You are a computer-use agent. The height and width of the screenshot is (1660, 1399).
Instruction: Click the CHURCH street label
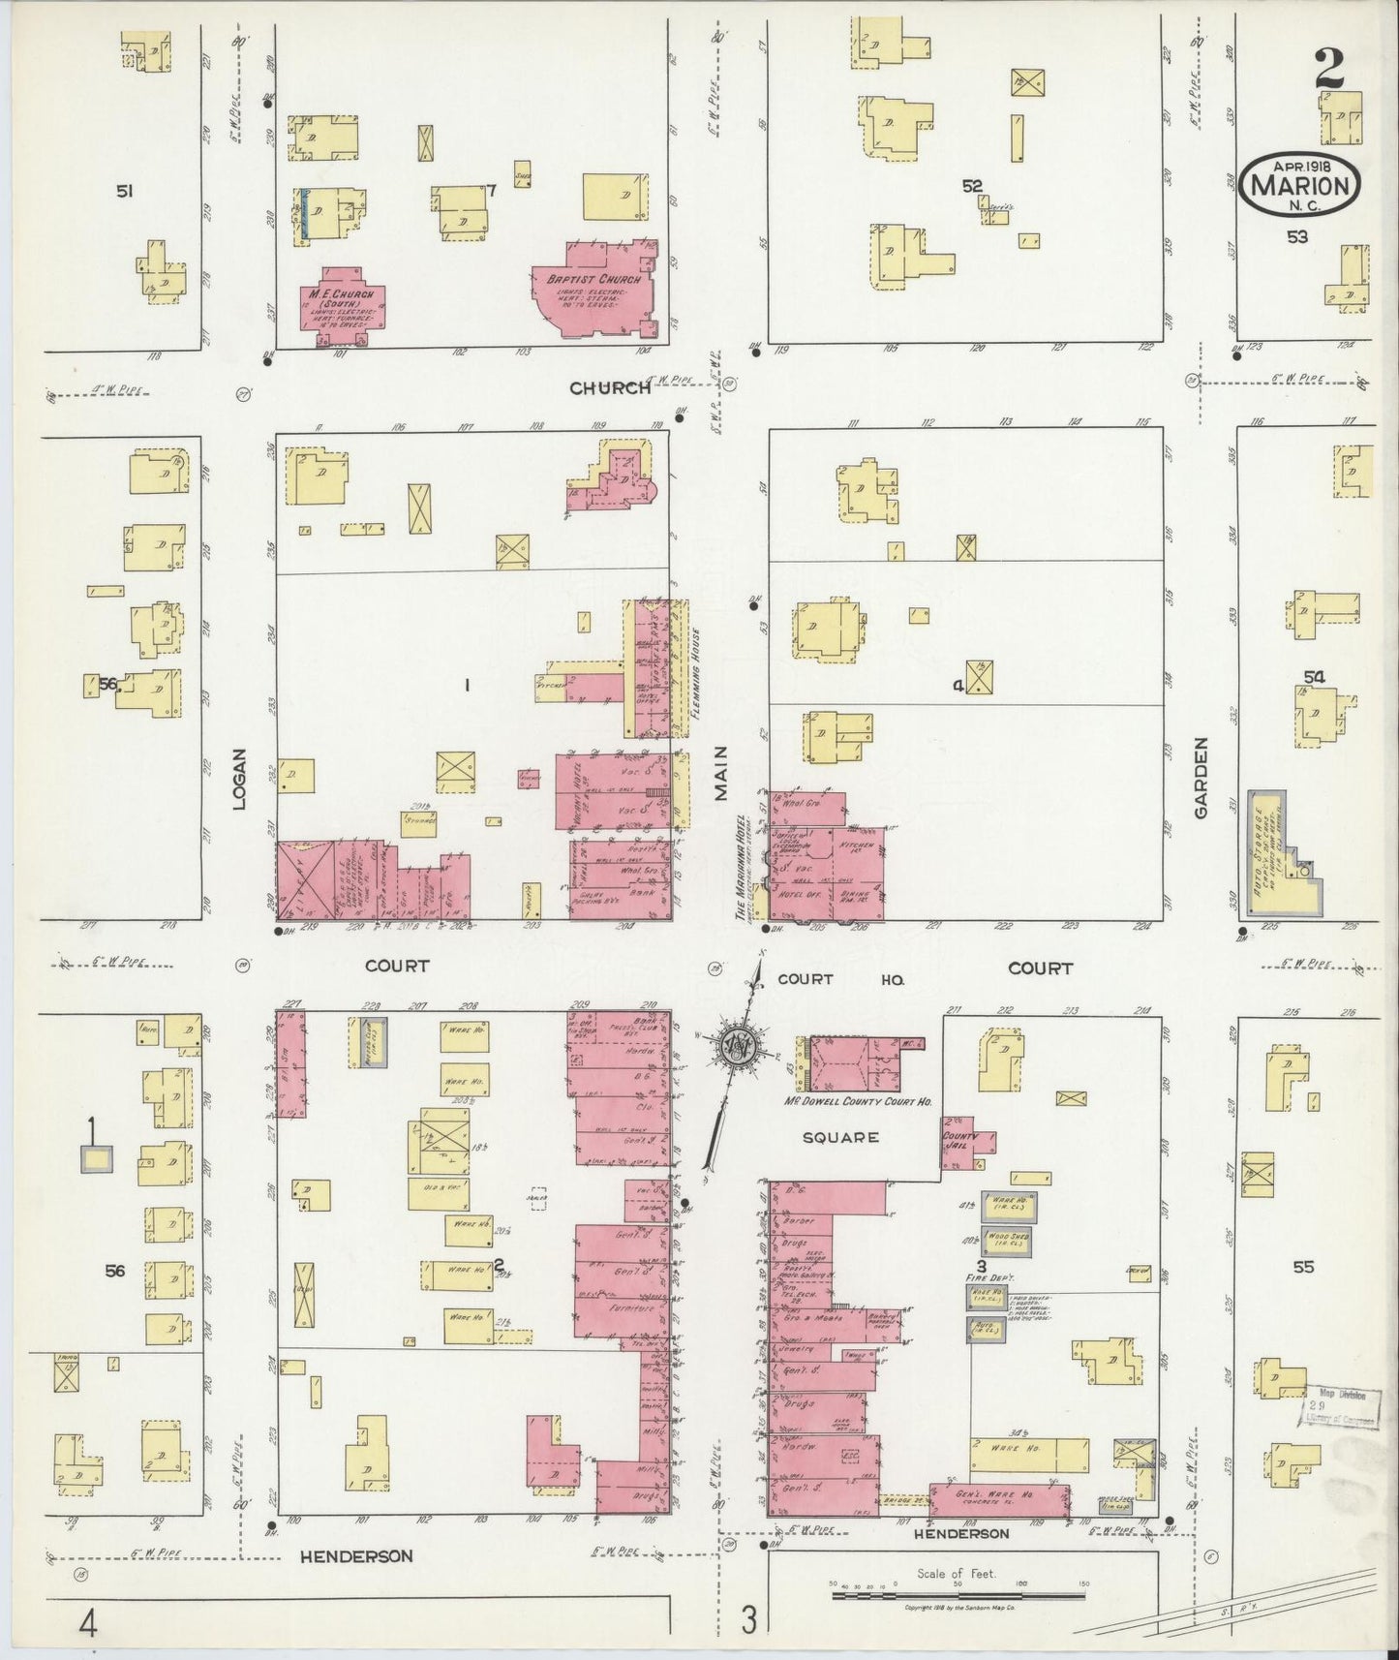[610, 388]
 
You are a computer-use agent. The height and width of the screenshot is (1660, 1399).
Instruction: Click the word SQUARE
[840, 1137]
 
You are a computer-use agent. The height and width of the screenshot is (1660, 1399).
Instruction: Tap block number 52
[972, 186]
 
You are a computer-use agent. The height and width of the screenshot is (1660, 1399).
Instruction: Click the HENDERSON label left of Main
[355, 1556]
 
